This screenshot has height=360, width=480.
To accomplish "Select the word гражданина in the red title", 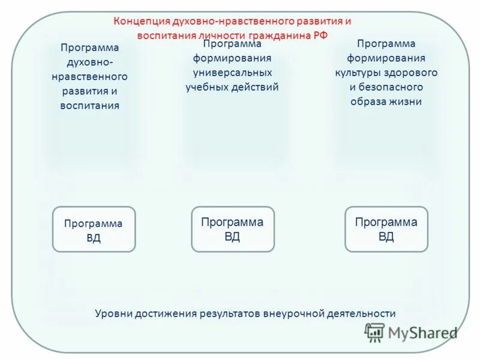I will click(284, 35).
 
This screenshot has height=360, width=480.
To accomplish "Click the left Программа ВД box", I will click(94, 230).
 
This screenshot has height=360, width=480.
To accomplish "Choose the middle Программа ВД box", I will click(233, 229).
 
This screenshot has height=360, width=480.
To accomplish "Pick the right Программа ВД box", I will click(386, 229).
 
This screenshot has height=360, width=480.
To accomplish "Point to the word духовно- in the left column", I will click(89, 62).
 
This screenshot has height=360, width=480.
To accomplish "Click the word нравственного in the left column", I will click(89, 77).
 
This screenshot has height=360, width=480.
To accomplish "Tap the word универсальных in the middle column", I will click(232, 73).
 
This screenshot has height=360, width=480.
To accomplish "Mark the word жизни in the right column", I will click(407, 101).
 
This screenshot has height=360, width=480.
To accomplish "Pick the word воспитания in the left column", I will click(89, 106).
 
